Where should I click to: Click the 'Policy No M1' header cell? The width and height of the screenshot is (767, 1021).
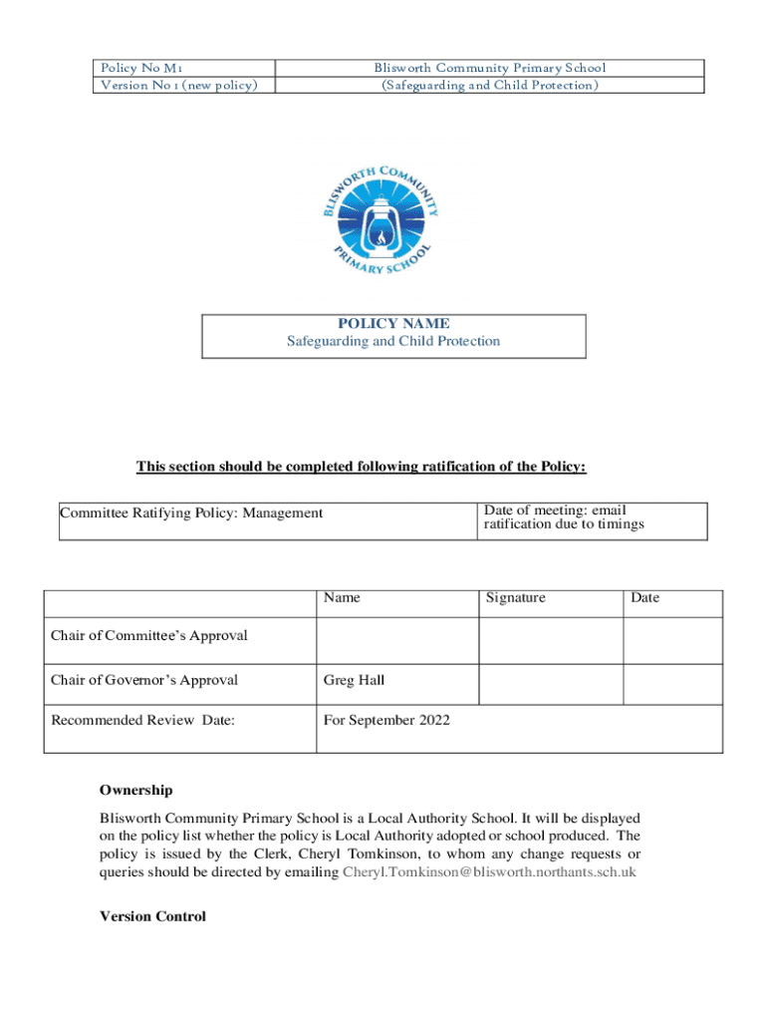pyautogui.click(x=140, y=68)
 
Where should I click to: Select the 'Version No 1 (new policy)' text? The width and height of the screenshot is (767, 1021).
pyautogui.click(x=178, y=85)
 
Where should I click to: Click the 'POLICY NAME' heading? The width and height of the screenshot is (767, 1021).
pyautogui.click(x=393, y=324)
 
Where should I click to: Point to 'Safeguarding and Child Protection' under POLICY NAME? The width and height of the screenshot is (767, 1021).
pyautogui.click(x=393, y=342)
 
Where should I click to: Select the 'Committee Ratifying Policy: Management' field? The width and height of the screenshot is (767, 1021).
pyautogui.click(x=191, y=513)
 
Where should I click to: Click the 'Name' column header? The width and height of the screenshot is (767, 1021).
pyautogui.click(x=342, y=598)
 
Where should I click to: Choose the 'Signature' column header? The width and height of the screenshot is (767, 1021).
pyautogui.click(x=515, y=598)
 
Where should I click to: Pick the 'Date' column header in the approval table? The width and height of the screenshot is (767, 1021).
pyautogui.click(x=644, y=598)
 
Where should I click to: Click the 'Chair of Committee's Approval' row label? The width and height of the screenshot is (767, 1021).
pyautogui.click(x=149, y=636)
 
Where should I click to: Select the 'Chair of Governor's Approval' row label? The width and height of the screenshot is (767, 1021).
pyautogui.click(x=144, y=681)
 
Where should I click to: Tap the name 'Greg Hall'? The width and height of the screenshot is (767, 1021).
pyautogui.click(x=354, y=681)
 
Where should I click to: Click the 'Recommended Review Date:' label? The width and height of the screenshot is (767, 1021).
pyautogui.click(x=142, y=720)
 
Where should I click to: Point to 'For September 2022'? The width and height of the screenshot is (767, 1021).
pyautogui.click(x=385, y=720)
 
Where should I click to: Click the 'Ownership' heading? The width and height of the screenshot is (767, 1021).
pyautogui.click(x=135, y=791)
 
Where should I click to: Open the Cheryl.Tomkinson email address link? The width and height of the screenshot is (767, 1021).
pyautogui.click(x=489, y=872)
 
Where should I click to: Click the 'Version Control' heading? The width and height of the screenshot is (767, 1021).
pyautogui.click(x=152, y=917)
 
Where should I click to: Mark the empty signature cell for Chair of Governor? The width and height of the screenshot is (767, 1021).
pyautogui.click(x=551, y=684)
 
